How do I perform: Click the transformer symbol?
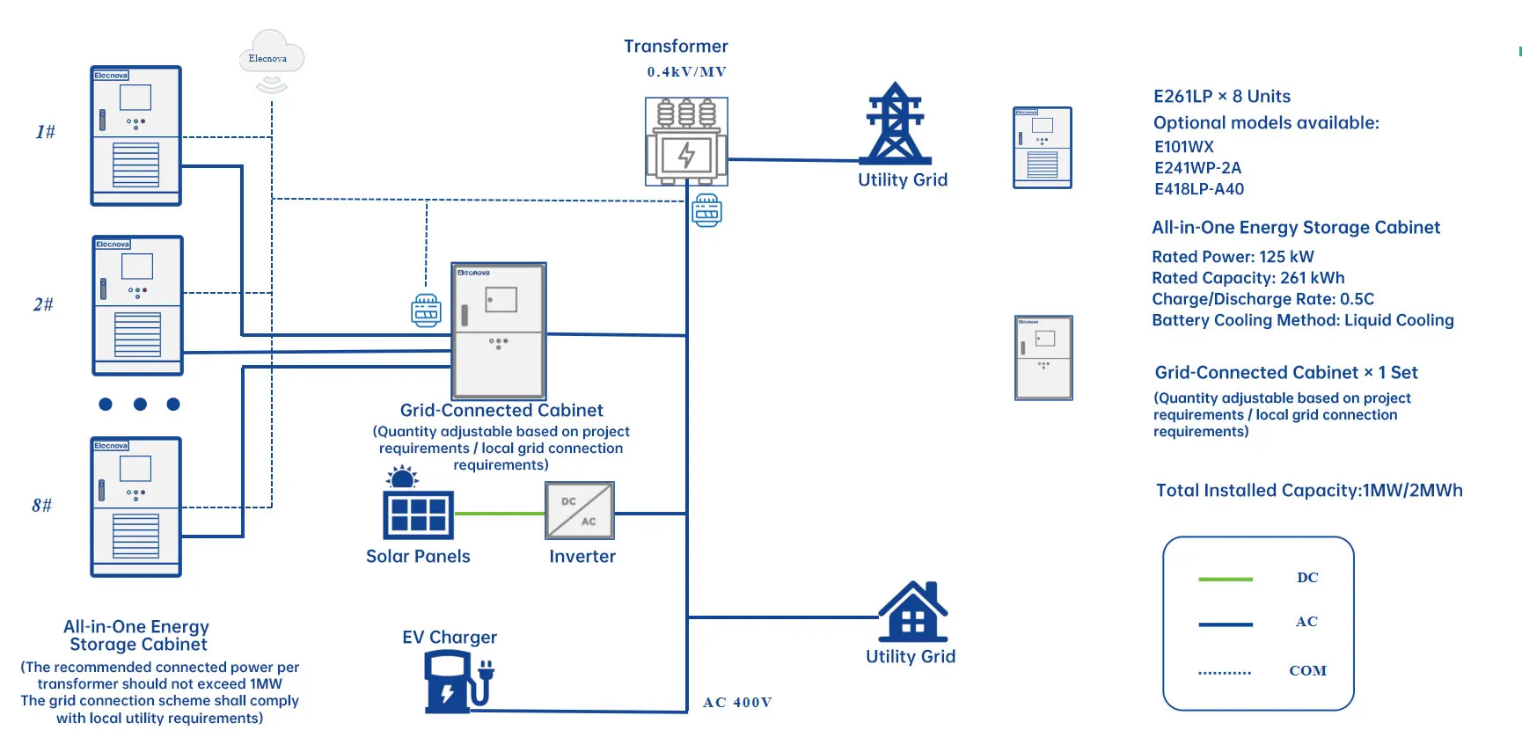[x=686, y=142]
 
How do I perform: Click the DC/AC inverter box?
[x=579, y=511]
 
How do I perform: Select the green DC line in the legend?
[x=1225, y=579]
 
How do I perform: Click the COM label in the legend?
[x=1307, y=671]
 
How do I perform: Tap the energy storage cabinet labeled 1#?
[x=135, y=136]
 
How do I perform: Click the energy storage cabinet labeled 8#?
[x=135, y=507]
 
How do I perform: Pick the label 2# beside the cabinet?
[x=43, y=304]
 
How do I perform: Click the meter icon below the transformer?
[x=706, y=210]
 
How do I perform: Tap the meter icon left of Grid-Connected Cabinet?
[x=426, y=311]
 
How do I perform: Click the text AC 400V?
[x=737, y=703]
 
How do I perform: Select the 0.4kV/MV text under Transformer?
[x=686, y=72]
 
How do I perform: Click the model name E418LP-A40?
[x=1198, y=189]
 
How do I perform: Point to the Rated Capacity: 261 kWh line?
[x=1248, y=278]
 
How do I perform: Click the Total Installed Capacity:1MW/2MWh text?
[x=1308, y=491]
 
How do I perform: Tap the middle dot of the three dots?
[x=140, y=405]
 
